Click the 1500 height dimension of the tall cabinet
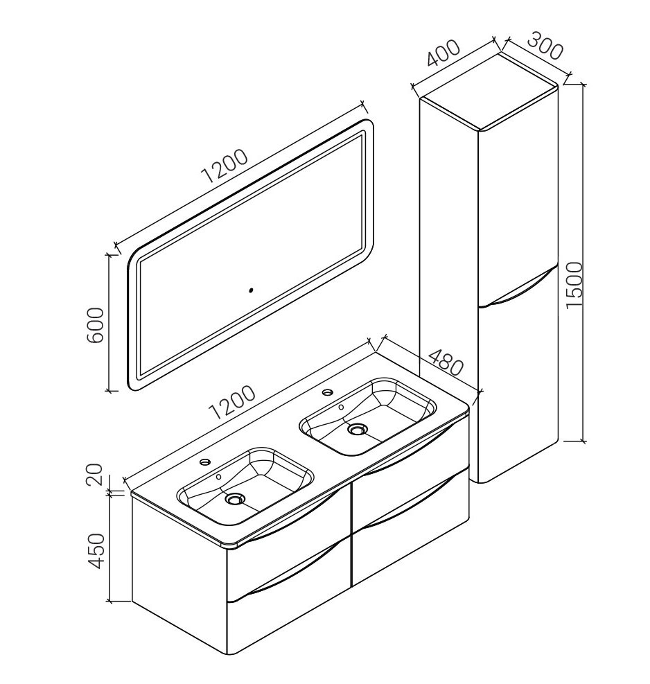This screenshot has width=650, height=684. pos(574,286)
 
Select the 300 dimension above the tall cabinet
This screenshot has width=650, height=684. pos(543,45)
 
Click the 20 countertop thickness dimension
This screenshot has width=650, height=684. pos(94,475)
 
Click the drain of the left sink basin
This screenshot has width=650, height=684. pos(235,498)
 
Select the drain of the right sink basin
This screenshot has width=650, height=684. pos(357,429)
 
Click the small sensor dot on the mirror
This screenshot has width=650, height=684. pos(250,289)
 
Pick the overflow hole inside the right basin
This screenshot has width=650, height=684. pos(341,407)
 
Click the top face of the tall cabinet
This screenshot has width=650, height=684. pos(489,91)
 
